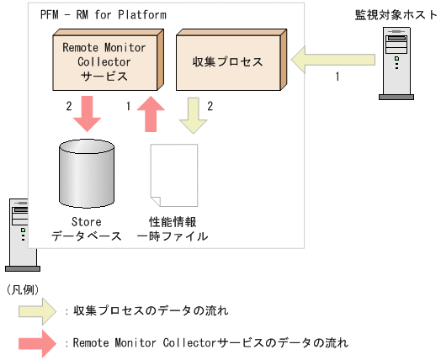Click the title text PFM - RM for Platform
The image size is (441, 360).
coord(103,15)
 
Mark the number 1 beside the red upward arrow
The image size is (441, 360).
coord(127,107)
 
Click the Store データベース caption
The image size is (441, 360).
coord(87,230)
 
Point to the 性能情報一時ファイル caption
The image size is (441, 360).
coord(172,230)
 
